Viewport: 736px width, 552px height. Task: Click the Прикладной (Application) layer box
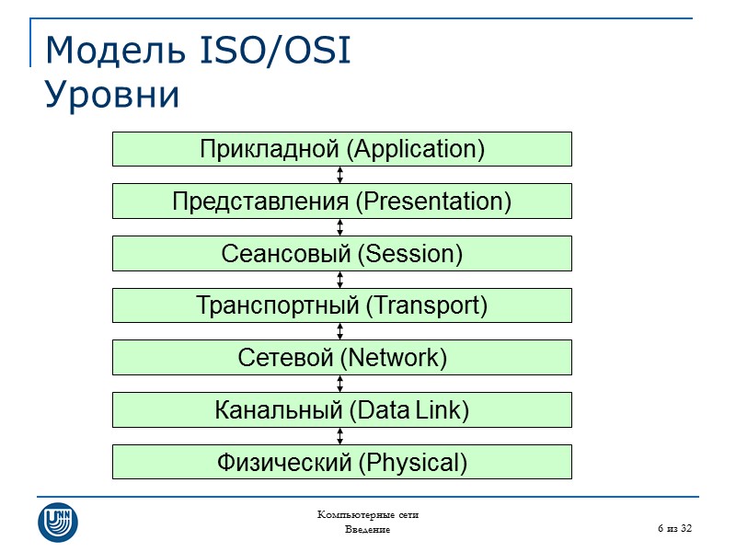[x=342, y=149]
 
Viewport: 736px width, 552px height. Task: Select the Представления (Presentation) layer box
[x=342, y=201]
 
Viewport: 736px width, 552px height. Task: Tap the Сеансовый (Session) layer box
[x=342, y=253]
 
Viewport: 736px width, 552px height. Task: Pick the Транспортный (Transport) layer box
[x=342, y=305]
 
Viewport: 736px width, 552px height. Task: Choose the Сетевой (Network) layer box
[x=342, y=357]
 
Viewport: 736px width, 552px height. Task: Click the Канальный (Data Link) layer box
[x=342, y=409]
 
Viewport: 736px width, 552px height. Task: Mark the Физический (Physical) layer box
[x=342, y=462]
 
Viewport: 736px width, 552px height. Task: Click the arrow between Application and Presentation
[x=340, y=175]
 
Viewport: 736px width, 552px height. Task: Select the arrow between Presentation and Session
[x=340, y=227]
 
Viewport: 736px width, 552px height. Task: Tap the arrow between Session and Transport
[x=340, y=279]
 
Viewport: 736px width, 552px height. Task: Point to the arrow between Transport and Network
[x=340, y=331]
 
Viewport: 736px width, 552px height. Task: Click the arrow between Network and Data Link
[x=340, y=384]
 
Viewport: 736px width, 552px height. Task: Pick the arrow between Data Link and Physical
[x=340, y=435]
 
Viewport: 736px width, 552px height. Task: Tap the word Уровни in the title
[x=112, y=95]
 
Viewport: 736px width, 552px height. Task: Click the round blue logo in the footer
[x=57, y=522]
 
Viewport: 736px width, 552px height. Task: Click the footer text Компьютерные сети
[x=368, y=515]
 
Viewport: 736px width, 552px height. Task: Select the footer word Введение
[x=368, y=530]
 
